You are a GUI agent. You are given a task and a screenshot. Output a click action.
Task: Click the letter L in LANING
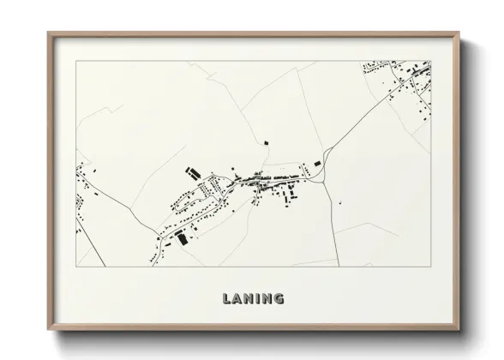226,299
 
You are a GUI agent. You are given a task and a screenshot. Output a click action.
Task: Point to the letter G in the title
279,299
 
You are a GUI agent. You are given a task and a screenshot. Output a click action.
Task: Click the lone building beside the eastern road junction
315,162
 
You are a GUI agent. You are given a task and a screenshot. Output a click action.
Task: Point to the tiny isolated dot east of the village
339,203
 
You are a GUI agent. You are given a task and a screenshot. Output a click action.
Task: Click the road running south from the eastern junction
333,223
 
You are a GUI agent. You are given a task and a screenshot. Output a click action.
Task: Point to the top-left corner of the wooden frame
48,33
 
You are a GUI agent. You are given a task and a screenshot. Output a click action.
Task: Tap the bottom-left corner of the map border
76,267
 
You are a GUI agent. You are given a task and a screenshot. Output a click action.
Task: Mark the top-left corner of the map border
76,61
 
